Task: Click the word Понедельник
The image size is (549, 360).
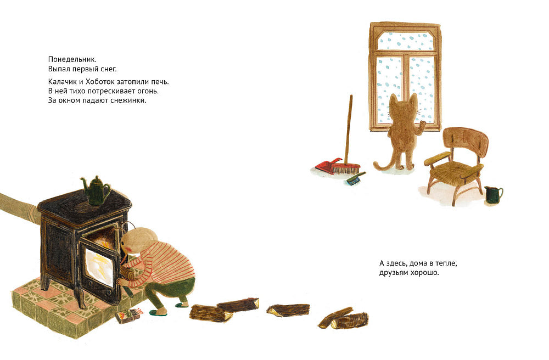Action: coord(72,59)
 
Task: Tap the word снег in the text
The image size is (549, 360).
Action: coord(108,69)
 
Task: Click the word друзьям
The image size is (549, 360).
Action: coord(394,273)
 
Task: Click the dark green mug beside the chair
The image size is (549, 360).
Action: coord(493,195)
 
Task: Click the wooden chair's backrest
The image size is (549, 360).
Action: coord(465,140)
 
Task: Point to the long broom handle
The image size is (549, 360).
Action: coord(349,129)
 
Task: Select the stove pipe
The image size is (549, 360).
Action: coord(19,206)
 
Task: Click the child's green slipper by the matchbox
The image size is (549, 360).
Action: coord(156,312)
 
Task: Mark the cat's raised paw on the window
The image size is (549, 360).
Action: coord(422,125)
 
